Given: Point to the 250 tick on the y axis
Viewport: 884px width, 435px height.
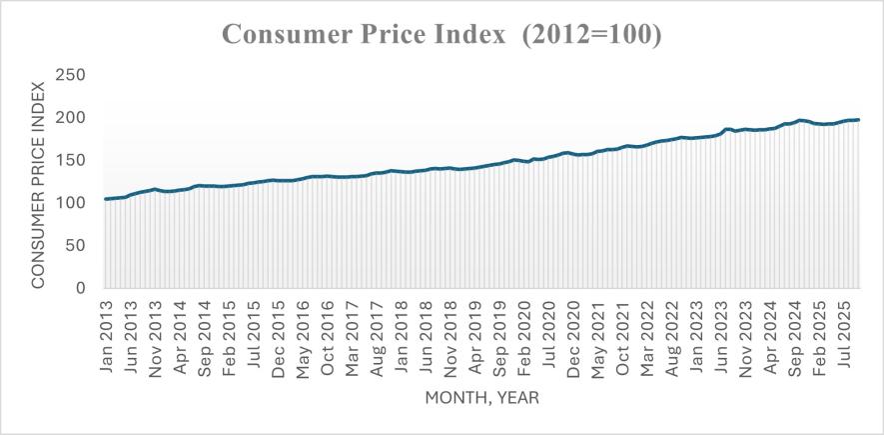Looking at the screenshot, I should (69, 75).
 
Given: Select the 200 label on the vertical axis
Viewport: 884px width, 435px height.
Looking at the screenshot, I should (69, 118).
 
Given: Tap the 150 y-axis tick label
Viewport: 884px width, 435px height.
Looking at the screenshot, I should (69, 161).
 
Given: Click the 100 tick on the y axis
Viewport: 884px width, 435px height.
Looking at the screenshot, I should (69, 203).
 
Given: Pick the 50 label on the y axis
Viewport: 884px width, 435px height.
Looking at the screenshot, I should (74, 246).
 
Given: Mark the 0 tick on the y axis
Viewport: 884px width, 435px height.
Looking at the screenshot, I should (79, 289).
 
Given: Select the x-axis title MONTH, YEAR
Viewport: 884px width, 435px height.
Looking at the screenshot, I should (482, 397).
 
